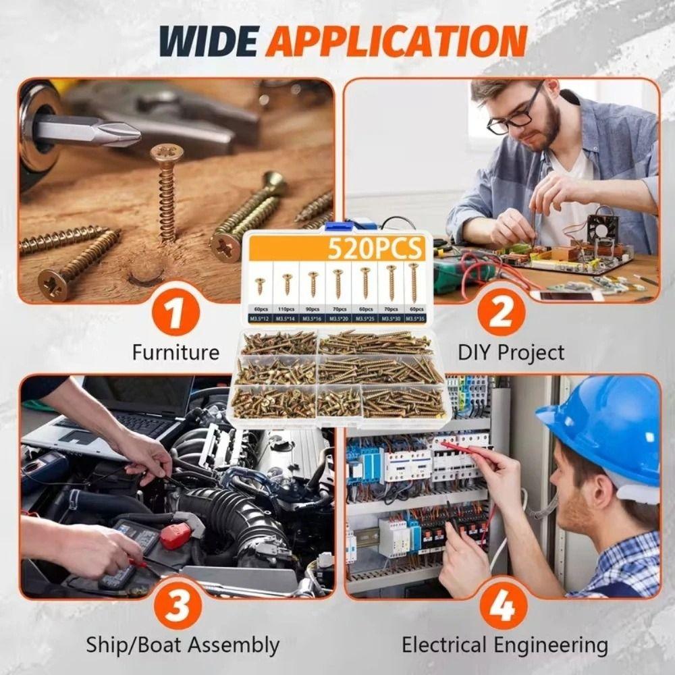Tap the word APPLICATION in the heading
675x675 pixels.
point(396,42)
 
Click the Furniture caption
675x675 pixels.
point(175,352)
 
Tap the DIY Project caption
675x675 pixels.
point(511,352)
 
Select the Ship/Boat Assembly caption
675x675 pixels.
point(182,645)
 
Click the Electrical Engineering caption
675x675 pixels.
point(505,645)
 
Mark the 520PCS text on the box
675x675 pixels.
point(375,250)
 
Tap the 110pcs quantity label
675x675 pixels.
point(286,309)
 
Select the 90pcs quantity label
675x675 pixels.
point(312,309)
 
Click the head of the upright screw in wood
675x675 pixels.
point(166,153)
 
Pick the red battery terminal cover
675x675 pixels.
point(175,537)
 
